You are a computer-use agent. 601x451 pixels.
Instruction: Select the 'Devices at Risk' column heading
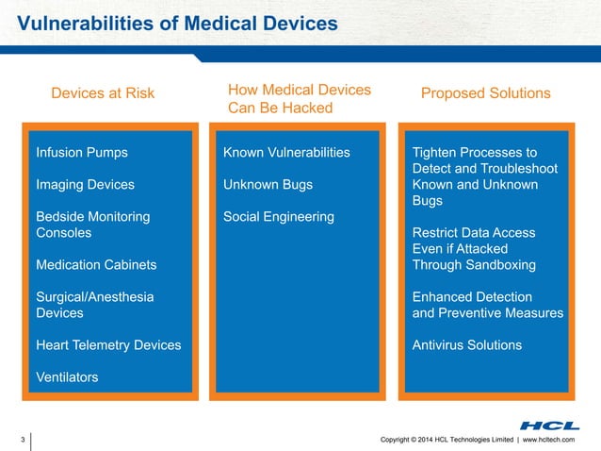103,93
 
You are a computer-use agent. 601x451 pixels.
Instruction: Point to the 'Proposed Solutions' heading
485,93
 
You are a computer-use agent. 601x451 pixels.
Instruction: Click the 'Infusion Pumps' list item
82,152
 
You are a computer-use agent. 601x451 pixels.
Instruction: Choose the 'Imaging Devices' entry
85,184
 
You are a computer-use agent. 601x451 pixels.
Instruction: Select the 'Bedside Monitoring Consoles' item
92,225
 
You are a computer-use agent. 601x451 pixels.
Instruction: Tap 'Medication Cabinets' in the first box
96,265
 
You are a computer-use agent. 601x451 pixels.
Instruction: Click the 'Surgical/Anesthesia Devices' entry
95,305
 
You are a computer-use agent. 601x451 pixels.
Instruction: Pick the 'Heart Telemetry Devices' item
108,345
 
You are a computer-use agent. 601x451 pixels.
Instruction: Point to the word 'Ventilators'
67,377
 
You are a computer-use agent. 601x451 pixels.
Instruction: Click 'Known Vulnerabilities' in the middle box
286,152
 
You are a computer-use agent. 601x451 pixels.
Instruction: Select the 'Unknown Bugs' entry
268,184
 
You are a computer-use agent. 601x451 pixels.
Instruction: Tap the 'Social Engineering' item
279,217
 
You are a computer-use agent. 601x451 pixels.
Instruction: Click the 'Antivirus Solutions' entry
467,345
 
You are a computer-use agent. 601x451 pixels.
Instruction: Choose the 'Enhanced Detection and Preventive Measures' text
488,305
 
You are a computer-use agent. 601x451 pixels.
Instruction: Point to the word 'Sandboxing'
501,265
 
